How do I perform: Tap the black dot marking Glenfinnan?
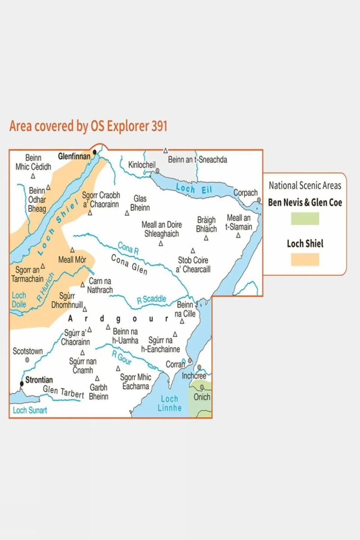pos(95,152)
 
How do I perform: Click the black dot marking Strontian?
pos(22,384)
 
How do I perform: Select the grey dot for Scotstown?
pos(27,360)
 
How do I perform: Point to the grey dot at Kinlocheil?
pos(157,171)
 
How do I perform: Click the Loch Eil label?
pos(194,189)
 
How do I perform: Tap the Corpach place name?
pos(246,193)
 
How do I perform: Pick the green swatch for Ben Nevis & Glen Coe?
pos(305,219)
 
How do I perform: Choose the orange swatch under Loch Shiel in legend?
pos(305,260)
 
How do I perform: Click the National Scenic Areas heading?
pos(305,185)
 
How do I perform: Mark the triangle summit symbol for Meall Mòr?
pos(72,250)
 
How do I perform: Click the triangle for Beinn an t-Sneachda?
pos(166,151)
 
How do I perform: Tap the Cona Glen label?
pos(129,264)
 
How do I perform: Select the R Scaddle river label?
pos(151,299)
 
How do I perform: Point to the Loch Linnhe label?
pos(169,403)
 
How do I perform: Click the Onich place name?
pos(202,397)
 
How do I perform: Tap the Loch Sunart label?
pos(30,410)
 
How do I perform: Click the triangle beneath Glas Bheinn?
pos(127,213)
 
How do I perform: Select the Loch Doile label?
pos(19,300)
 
